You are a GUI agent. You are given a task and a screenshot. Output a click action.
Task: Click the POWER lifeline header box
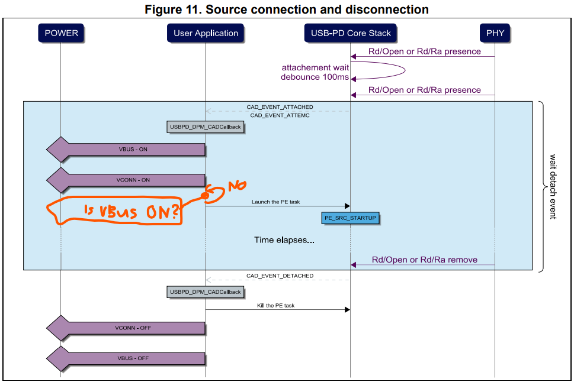[x=61, y=33]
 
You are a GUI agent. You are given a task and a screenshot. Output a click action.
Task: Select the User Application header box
[x=206, y=33]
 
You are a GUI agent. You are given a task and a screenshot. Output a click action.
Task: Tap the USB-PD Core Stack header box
[x=351, y=33]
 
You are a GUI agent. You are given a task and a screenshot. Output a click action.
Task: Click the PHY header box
[x=495, y=33]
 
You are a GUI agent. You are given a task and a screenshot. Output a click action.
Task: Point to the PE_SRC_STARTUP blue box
[x=350, y=218]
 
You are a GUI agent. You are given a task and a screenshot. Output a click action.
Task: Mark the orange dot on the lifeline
[x=206, y=195]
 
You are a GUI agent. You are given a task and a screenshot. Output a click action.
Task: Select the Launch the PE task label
[x=275, y=202]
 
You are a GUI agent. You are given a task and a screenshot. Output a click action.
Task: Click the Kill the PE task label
[x=275, y=306]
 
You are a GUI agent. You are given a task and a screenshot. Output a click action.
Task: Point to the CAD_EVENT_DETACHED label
[x=280, y=276]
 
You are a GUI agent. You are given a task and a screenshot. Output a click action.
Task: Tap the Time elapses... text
[x=284, y=240]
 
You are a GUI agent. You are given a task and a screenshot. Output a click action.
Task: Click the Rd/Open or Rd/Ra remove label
[x=424, y=260]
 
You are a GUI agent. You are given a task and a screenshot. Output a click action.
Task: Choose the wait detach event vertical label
[x=553, y=186]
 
